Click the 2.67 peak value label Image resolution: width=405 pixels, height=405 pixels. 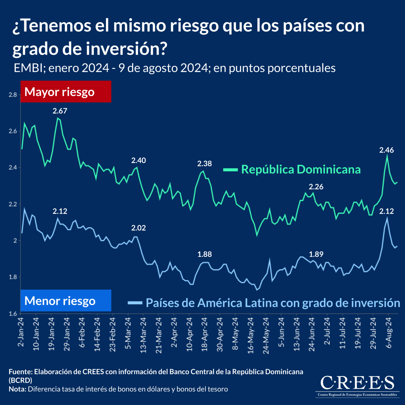point(60,111)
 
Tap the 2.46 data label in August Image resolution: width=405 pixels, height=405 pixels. point(386,150)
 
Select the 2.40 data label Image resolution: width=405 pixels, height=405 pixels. point(138,160)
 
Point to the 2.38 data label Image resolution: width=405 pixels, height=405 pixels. point(205,164)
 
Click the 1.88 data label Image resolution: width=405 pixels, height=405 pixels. point(205,254)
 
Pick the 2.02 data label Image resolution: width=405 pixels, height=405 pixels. point(138,228)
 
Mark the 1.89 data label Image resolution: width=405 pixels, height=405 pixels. point(316,254)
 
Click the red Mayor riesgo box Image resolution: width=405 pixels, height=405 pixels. point(66,91)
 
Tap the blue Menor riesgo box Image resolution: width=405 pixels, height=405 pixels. point(66,300)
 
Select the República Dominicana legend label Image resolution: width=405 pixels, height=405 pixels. point(301,169)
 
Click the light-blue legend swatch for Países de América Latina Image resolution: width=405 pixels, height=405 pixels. point(135,303)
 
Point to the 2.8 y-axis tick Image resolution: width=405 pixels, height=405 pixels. point(12,95)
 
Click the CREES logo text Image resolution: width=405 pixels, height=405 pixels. point(357,383)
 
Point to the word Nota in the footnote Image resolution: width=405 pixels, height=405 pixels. point(17,389)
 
